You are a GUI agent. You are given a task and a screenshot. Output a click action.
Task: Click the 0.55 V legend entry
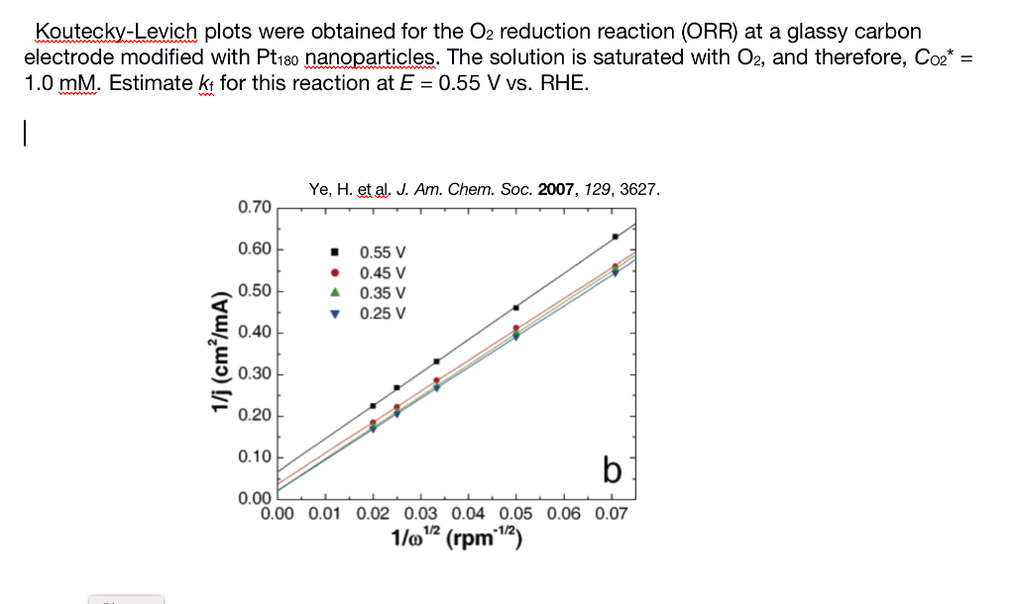(x=382, y=252)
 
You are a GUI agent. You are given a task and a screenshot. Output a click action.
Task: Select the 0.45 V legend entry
(x=382, y=272)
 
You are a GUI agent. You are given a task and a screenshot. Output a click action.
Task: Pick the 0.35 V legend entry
(x=382, y=293)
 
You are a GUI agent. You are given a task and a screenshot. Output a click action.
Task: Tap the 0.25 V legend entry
(x=382, y=314)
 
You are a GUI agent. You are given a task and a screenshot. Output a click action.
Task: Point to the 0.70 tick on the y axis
(x=255, y=207)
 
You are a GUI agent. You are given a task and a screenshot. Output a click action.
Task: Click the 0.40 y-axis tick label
(x=255, y=332)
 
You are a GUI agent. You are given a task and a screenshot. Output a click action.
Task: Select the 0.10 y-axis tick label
(x=255, y=457)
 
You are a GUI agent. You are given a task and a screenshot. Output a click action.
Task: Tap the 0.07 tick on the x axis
(x=612, y=514)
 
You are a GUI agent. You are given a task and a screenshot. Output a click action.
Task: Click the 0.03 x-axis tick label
(x=420, y=514)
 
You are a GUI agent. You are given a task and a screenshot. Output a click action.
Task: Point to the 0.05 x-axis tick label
(x=516, y=514)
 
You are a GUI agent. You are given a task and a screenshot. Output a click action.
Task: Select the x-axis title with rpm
(x=457, y=540)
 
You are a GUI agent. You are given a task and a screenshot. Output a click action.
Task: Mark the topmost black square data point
(x=616, y=237)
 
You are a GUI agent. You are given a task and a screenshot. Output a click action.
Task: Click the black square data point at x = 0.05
(x=516, y=307)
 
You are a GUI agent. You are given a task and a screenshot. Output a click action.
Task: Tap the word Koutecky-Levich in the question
(x=117, y=33)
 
